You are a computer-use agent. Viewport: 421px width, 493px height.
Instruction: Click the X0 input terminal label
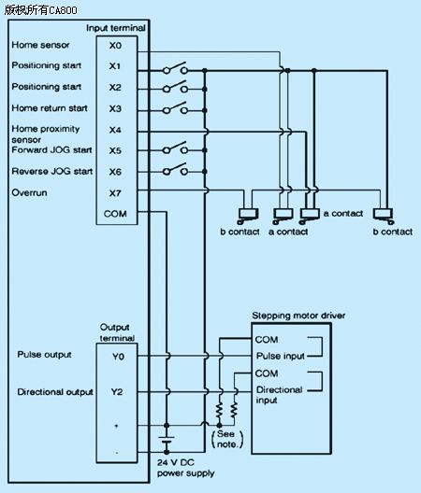point(115,46)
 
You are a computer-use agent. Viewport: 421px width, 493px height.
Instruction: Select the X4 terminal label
point(115,130)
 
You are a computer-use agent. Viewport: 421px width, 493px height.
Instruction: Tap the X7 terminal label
point(115,192)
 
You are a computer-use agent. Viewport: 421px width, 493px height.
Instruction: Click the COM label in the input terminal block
point(115,214)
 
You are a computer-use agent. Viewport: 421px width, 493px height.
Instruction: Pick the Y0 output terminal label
point(118,357)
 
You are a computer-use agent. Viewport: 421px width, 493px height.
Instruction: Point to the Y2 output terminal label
point(117,392)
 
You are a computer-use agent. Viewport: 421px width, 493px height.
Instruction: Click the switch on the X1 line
point(175,68)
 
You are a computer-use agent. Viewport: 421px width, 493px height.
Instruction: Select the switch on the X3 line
point(175,108)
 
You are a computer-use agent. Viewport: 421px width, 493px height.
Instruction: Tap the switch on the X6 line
point(175,169)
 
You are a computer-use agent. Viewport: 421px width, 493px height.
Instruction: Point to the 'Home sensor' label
point(40,45)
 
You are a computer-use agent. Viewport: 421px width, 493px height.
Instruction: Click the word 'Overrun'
point(29,192)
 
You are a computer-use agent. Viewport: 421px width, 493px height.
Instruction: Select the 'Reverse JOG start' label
point(52,172)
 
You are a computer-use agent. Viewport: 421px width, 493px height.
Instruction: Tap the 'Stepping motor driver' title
point(298,316)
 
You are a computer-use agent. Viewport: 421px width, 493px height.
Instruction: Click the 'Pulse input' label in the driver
point(280,356)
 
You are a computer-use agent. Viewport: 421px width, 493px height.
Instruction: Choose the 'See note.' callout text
point(227,439)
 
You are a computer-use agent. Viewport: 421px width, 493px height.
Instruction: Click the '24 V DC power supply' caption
point(185,468)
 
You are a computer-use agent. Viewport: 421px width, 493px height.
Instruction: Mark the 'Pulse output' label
point(44,355)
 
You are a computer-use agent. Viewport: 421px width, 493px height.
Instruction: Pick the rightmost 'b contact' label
point(393,232)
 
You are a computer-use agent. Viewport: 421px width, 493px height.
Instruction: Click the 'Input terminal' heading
point(116,28)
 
